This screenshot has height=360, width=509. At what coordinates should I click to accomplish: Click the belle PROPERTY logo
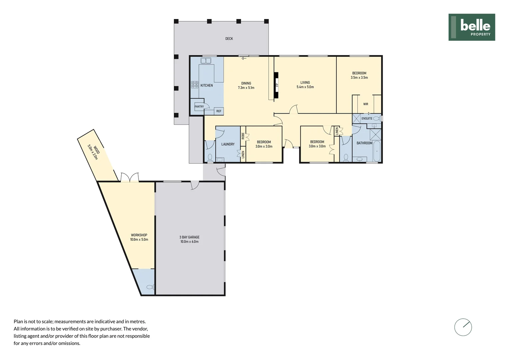pyautogui.click(x=471, y=27)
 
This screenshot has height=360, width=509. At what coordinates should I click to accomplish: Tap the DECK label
pyautogui.click(x=229, y=39)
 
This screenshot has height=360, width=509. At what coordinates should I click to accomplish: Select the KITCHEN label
pyautogui.click(x=207, y=86)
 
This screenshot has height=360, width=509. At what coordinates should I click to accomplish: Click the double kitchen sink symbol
pyautogui.click(x=206, y=61)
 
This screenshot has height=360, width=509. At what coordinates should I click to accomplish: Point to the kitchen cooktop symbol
pyautogui.click(x=195, y=85)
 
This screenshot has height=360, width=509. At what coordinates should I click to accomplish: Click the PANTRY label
pyautogui.click(x=199, y=107)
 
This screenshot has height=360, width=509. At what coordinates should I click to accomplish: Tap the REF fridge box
pyautogui.click(x=219, y=111)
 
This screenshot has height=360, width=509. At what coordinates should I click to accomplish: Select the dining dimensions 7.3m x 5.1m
pyautogui.click(x=246, y=88)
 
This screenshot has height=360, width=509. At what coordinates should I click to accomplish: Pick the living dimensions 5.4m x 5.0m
pyautogui.click(x=305, y=87)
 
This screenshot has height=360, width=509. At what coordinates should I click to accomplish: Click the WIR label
pyautogui.click(x=366, y=104)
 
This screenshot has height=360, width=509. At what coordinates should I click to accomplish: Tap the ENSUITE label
pyautogui.click(x=367, y=118)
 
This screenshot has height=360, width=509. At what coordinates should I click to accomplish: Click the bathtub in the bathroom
pyautogui.click(x=377, y=152)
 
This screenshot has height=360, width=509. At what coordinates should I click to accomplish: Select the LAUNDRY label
pyautogui.click(x=228, y=144)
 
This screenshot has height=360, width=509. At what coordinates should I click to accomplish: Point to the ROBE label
pyautogui.click(x=243, y=136)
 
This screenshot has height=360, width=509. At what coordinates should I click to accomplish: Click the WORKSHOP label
pyautogui.click(x=139, y=235)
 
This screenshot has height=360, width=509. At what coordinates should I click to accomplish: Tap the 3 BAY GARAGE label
pyautogui.click(x=189, y=237)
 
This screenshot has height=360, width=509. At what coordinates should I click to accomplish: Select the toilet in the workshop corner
pyautogui.click(x=150, y=287)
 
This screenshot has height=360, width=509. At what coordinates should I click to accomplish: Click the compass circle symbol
pyautogui.click(x=463, y=327)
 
